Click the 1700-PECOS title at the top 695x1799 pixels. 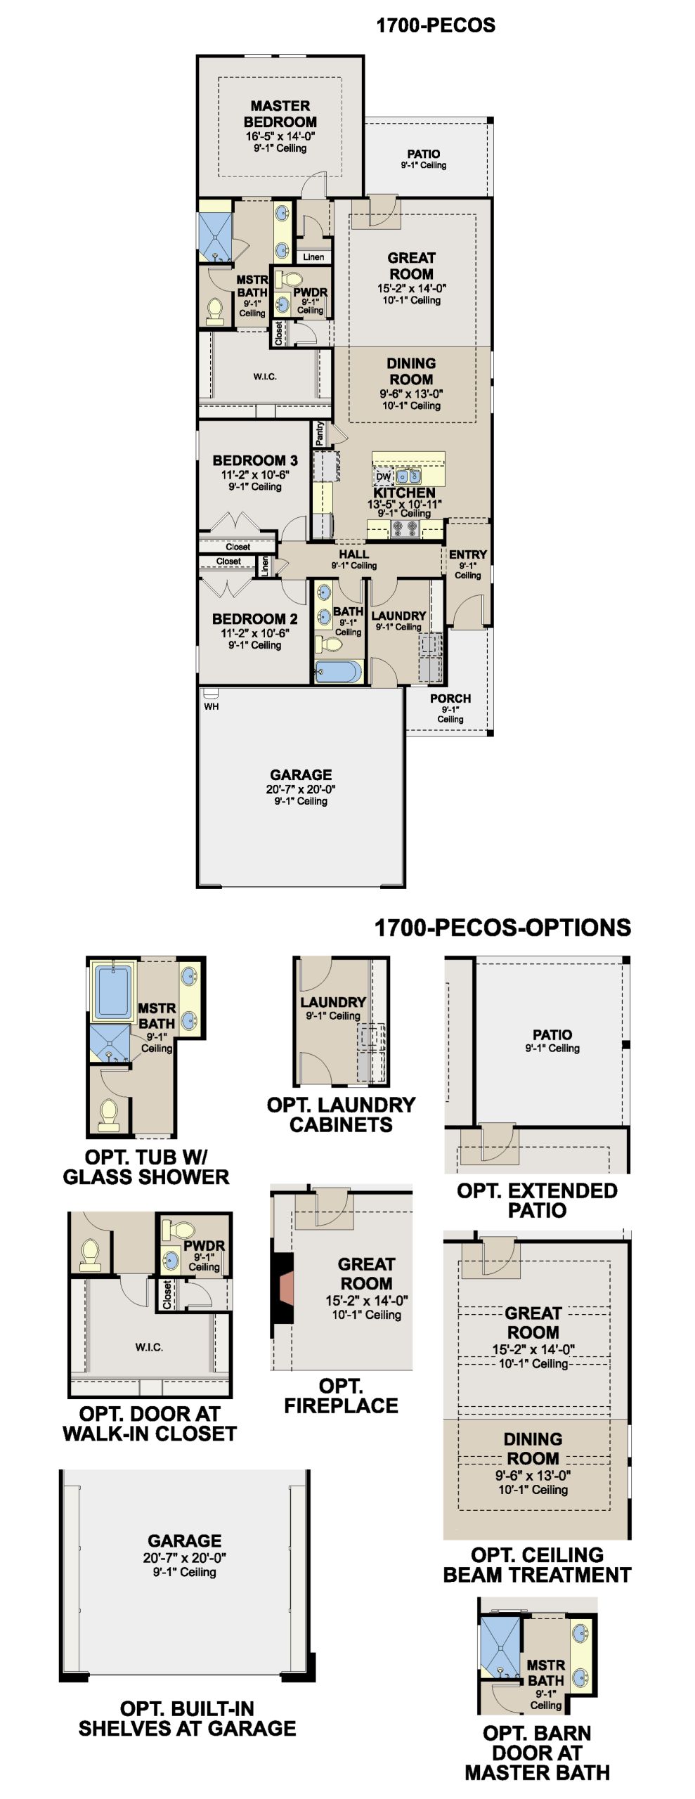(436, 25)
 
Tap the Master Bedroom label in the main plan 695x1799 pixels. (280, 114)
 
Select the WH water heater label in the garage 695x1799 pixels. (212, 706)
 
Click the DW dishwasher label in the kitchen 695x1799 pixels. (383, 476)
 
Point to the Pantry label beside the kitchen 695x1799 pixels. (320, 434)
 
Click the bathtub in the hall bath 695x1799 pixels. (339, 671)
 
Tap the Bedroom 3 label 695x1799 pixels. (255, 460)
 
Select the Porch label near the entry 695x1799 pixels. (450, 699)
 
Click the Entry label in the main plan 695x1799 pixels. (468, 554)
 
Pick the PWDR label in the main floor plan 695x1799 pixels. (311, 292)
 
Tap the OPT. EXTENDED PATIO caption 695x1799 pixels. (537, 1200)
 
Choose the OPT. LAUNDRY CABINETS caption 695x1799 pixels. (341, 1115)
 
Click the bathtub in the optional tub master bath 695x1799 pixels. (113, 992)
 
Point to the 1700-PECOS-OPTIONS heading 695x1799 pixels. (502, 928)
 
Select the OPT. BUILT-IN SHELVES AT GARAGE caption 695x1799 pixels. (187, 1718)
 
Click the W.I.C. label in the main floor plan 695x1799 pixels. (265, 377)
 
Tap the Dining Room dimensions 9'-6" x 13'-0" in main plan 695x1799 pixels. (411, 394)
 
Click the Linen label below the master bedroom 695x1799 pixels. (313, 257)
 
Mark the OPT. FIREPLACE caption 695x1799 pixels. (341, 1396)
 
